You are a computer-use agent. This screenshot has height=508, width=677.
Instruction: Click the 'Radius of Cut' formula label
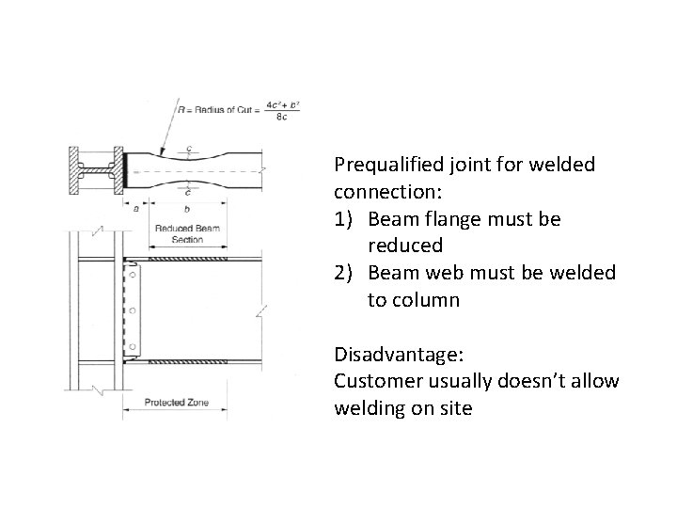[212, 110]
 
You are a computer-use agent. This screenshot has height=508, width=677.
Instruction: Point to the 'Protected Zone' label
[176, 404]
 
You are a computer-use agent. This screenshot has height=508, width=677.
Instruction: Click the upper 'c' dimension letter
[190, 148]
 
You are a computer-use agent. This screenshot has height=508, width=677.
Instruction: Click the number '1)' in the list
[345, 219]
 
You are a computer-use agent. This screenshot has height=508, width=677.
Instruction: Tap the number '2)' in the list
[345, 273]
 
